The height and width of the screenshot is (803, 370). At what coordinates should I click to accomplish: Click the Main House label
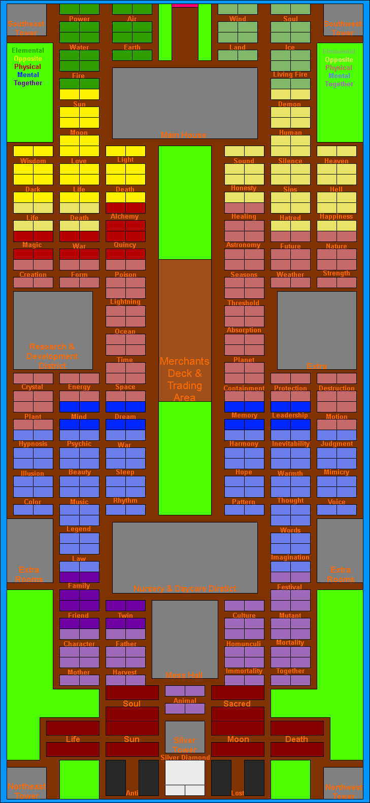tap(183, 135)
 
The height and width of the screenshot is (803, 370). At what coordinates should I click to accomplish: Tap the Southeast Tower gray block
tap(26, 20)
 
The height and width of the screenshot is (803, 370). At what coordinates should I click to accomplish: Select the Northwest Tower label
tap(344, 791)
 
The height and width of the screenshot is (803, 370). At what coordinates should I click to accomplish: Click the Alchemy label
tap(125, 217)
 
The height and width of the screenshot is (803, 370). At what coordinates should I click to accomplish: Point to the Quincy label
tap(125, 245)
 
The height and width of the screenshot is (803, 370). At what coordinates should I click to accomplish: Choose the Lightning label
tap(125, 302)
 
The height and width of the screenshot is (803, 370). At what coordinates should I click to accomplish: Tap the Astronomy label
tap(244, 245)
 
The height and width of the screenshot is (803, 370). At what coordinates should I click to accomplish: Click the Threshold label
tap(244, 303)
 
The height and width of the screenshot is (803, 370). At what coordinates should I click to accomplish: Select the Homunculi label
tap(244, 644)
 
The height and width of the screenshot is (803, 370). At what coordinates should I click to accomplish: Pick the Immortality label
tap(244, 671)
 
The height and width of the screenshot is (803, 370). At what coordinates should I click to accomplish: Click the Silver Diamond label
tap(185, 757)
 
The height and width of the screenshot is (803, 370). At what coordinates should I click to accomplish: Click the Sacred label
tap(237, 704)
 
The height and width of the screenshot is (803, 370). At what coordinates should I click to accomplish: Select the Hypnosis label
tap(33, 444)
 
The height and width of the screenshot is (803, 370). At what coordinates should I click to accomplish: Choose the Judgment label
tap(337, 444)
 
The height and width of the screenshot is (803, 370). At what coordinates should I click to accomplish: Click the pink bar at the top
tap(185, 5)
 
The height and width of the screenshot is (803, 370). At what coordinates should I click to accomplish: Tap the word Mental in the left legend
tap(28, 75)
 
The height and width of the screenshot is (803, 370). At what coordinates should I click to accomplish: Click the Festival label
tap(290, 587)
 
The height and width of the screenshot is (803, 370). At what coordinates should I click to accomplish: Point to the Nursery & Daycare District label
tap(185, 588)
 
